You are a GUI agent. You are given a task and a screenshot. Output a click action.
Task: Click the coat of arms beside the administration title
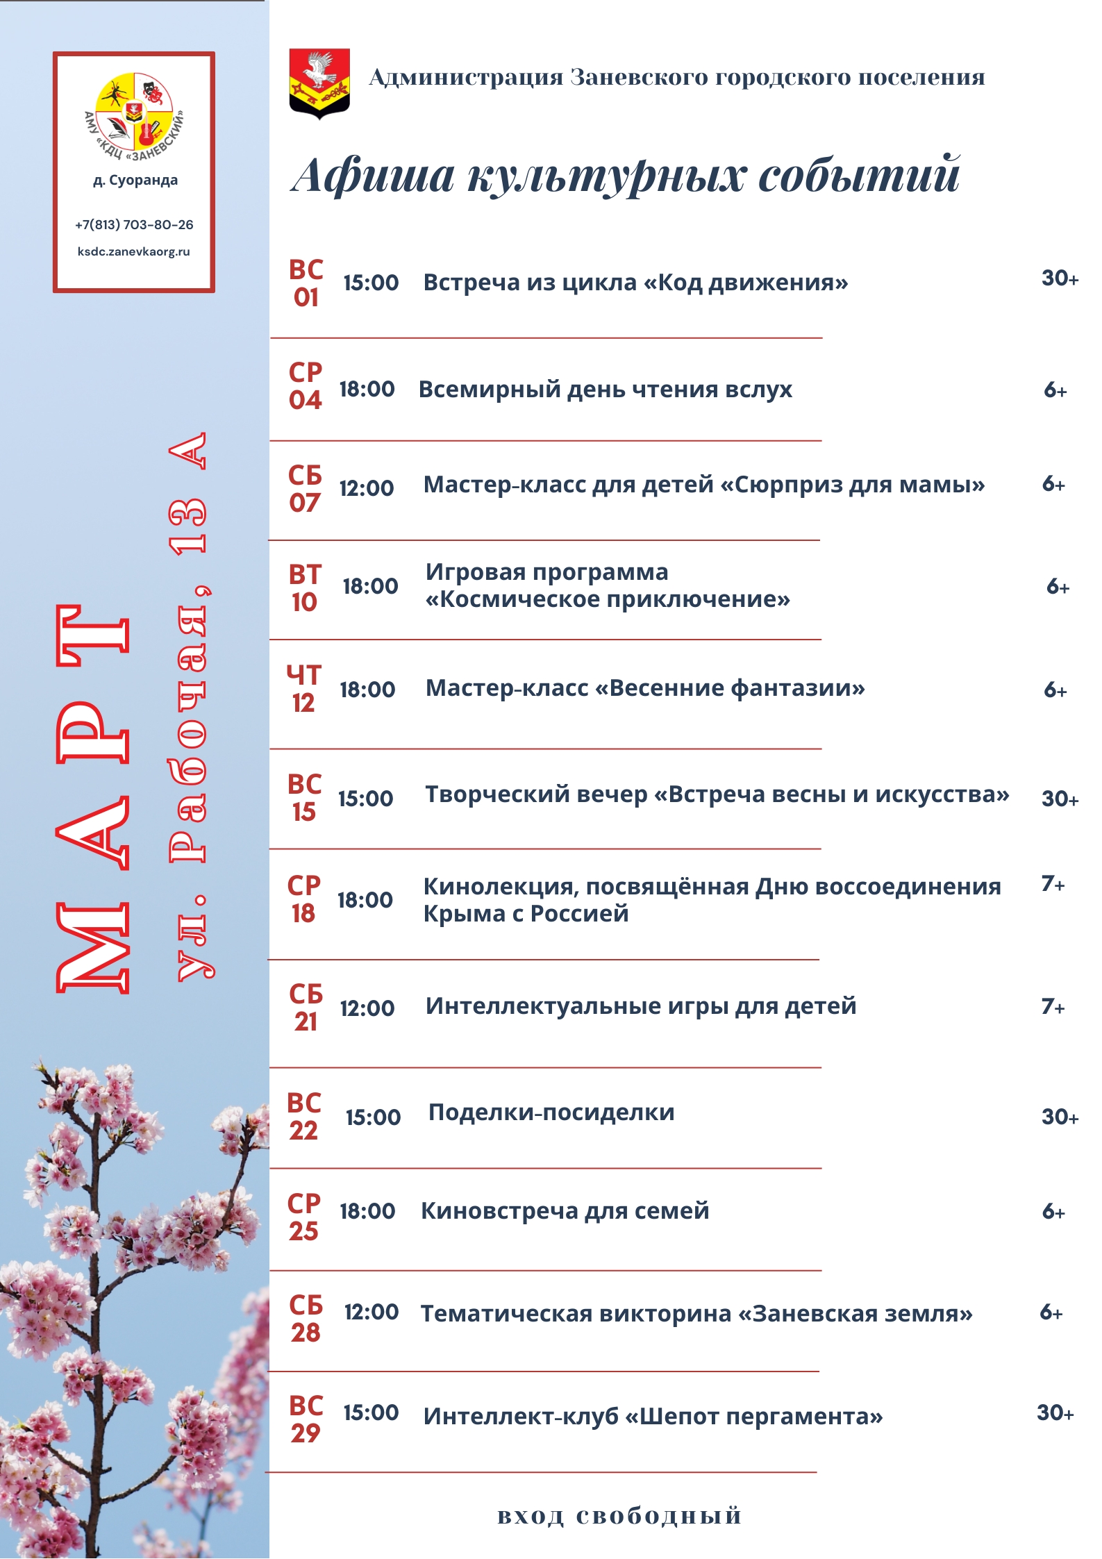pos(319,83)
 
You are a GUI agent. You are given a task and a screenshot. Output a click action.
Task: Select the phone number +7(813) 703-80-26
pos(134,225)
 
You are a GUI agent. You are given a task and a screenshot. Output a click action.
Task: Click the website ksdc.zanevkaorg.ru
pos(134,251)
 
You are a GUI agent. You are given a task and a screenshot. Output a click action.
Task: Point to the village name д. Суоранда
pos(135,181)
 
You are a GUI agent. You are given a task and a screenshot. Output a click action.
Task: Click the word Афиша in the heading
pos(373,175)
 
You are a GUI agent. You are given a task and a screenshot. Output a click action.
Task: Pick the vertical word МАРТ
pos(93,799)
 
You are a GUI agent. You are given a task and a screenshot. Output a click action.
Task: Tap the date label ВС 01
pos(306,283)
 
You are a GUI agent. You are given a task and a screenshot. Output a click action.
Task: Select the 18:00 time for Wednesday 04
pos(367,390)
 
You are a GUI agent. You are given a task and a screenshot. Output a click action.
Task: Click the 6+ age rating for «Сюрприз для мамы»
pos(1053,484)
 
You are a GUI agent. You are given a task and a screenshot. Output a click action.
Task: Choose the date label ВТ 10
pos(305,588)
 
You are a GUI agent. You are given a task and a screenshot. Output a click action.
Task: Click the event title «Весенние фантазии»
pos(645,688)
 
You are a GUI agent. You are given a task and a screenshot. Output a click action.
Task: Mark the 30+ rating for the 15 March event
pos(1060,799)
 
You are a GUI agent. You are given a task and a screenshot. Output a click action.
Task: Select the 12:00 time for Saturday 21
pos(367,1008)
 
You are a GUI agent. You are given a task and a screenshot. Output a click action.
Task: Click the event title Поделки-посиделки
pos(551,1112)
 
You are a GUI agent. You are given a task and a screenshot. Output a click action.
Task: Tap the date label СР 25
pos(304,1217)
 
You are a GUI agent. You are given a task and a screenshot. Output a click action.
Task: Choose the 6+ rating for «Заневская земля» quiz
pos(1051,1312)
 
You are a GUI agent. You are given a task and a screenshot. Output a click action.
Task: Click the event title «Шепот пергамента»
pos(653,1416)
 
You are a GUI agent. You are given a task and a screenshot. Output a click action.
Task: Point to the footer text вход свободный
pos(619,1515)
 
